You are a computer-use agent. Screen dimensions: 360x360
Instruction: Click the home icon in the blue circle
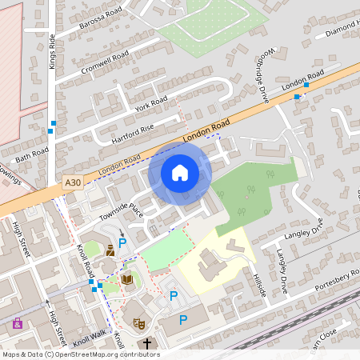point(180,173)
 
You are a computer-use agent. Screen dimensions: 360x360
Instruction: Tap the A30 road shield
point(73,183)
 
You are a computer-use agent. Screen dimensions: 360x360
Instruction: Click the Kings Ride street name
point(52,50)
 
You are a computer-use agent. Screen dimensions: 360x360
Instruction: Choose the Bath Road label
point(31,152)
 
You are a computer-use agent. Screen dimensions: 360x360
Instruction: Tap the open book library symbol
point(126,279)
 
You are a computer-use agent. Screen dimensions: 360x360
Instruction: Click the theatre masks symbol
point(138,323)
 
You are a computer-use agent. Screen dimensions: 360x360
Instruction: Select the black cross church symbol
point(146,344)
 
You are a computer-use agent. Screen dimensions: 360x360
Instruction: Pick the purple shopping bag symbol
point(18,324)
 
